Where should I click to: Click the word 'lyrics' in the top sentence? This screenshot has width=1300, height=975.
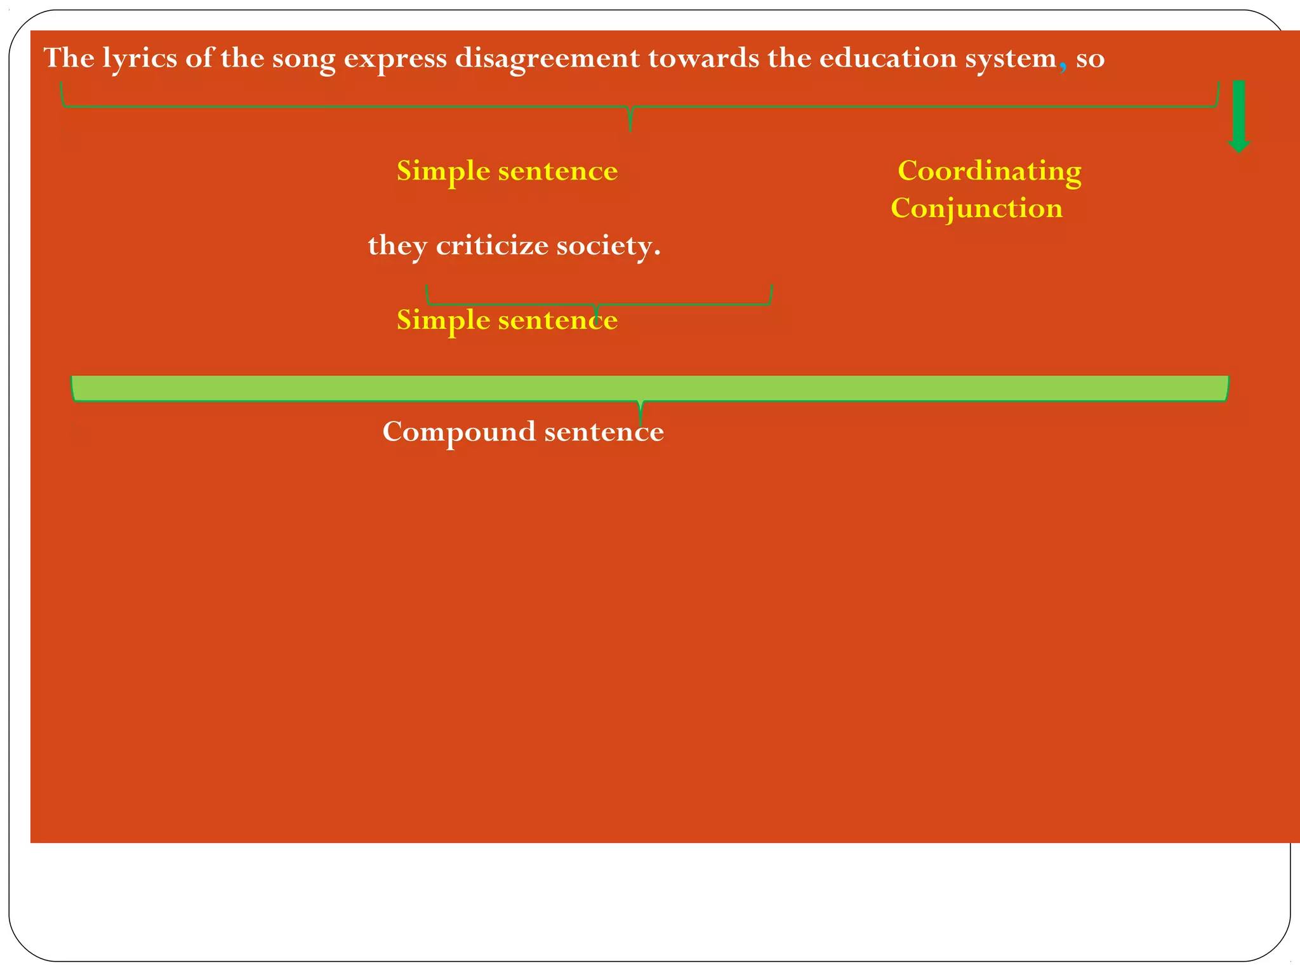point(140,59)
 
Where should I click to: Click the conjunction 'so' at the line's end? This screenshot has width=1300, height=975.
point(1090,59)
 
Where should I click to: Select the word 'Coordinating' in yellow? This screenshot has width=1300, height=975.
point(989,171)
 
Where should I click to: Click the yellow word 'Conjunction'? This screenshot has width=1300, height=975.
point(976,208)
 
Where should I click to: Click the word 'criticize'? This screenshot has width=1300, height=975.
point(492,246)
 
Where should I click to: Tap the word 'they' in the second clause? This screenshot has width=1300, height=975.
point(397,246)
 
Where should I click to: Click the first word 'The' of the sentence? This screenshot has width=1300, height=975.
point(69,58)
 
